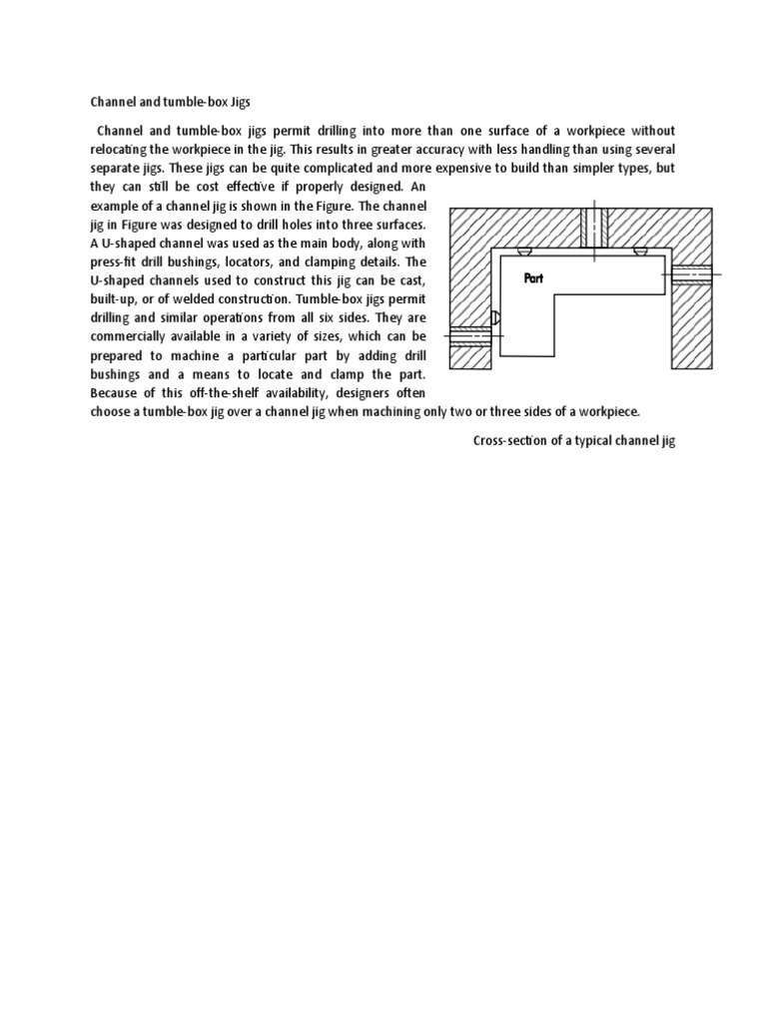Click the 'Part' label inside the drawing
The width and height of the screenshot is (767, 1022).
533,279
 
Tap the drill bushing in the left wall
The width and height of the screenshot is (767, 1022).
470,336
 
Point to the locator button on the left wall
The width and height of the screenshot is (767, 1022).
494,318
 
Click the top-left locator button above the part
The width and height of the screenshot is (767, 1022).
525,252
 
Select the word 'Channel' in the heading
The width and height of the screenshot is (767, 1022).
112,101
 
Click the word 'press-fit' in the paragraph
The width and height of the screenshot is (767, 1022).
115,261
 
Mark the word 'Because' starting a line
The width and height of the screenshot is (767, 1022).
116,392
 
